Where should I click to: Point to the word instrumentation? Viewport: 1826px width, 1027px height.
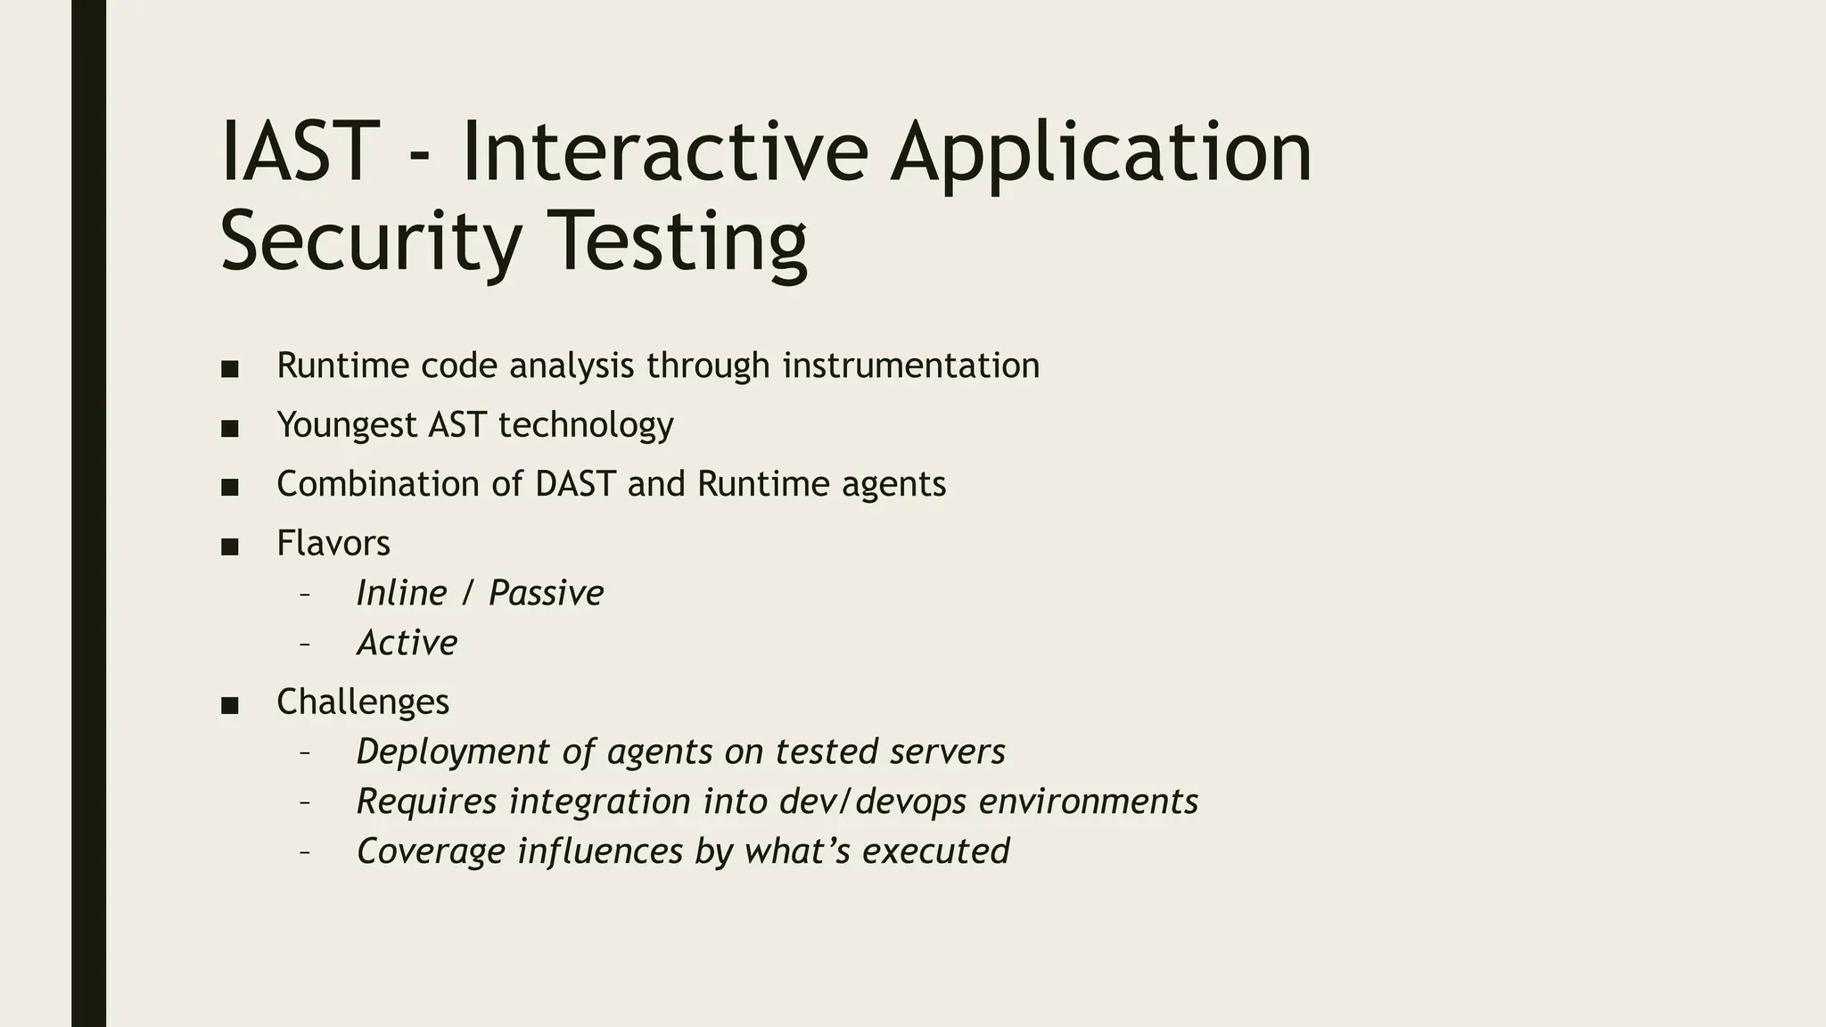coord(910,366)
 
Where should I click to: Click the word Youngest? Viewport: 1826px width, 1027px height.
coord(347,425)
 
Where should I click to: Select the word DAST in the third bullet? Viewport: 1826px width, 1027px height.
coord(575,484)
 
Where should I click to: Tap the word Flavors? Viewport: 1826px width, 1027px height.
coord(333,543)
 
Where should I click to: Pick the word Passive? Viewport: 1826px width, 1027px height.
coord(546,593)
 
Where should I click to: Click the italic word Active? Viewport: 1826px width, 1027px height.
coord(407,643)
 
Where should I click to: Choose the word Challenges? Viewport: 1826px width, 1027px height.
coord(363,702)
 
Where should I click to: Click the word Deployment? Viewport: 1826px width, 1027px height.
coord(452,752)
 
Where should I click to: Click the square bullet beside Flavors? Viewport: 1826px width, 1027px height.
coord(229,546)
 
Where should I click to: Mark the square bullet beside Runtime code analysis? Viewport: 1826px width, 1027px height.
coord(229,369)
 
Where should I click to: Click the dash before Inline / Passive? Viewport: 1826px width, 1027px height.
coord(305,594)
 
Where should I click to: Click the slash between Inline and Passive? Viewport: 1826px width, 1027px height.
coord(466,594)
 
